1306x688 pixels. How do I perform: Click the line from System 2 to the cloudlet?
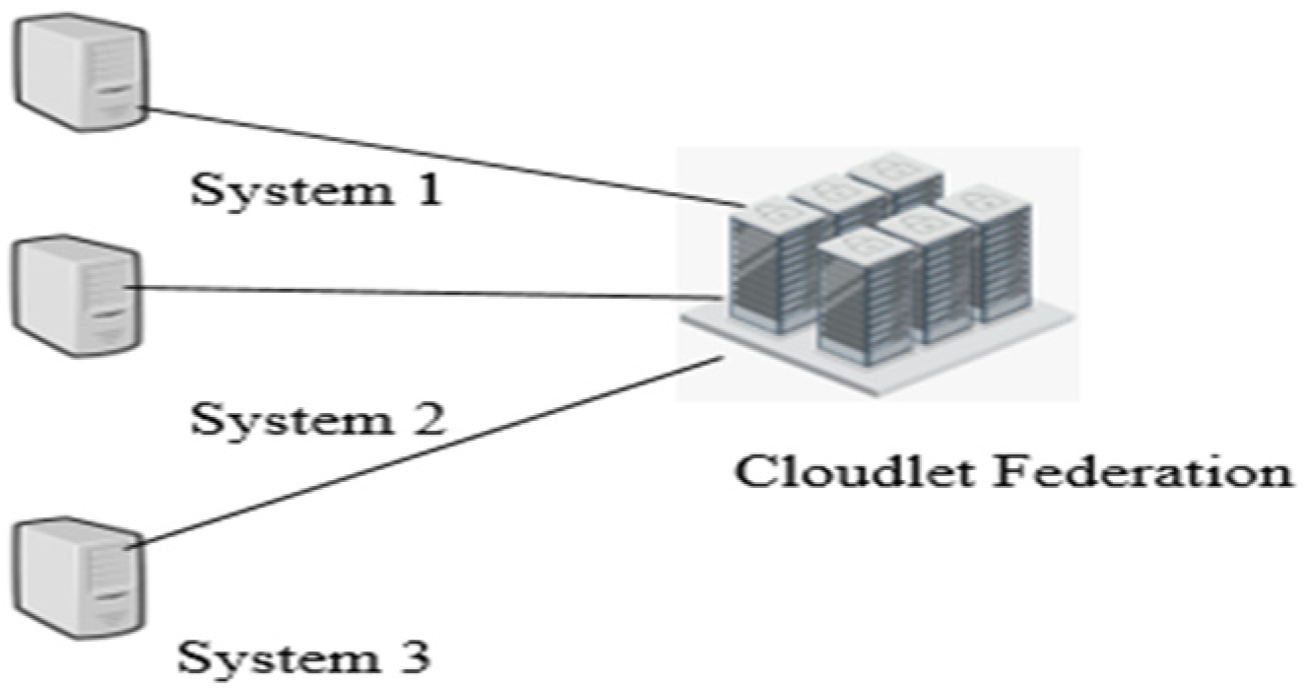coord(424,291)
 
